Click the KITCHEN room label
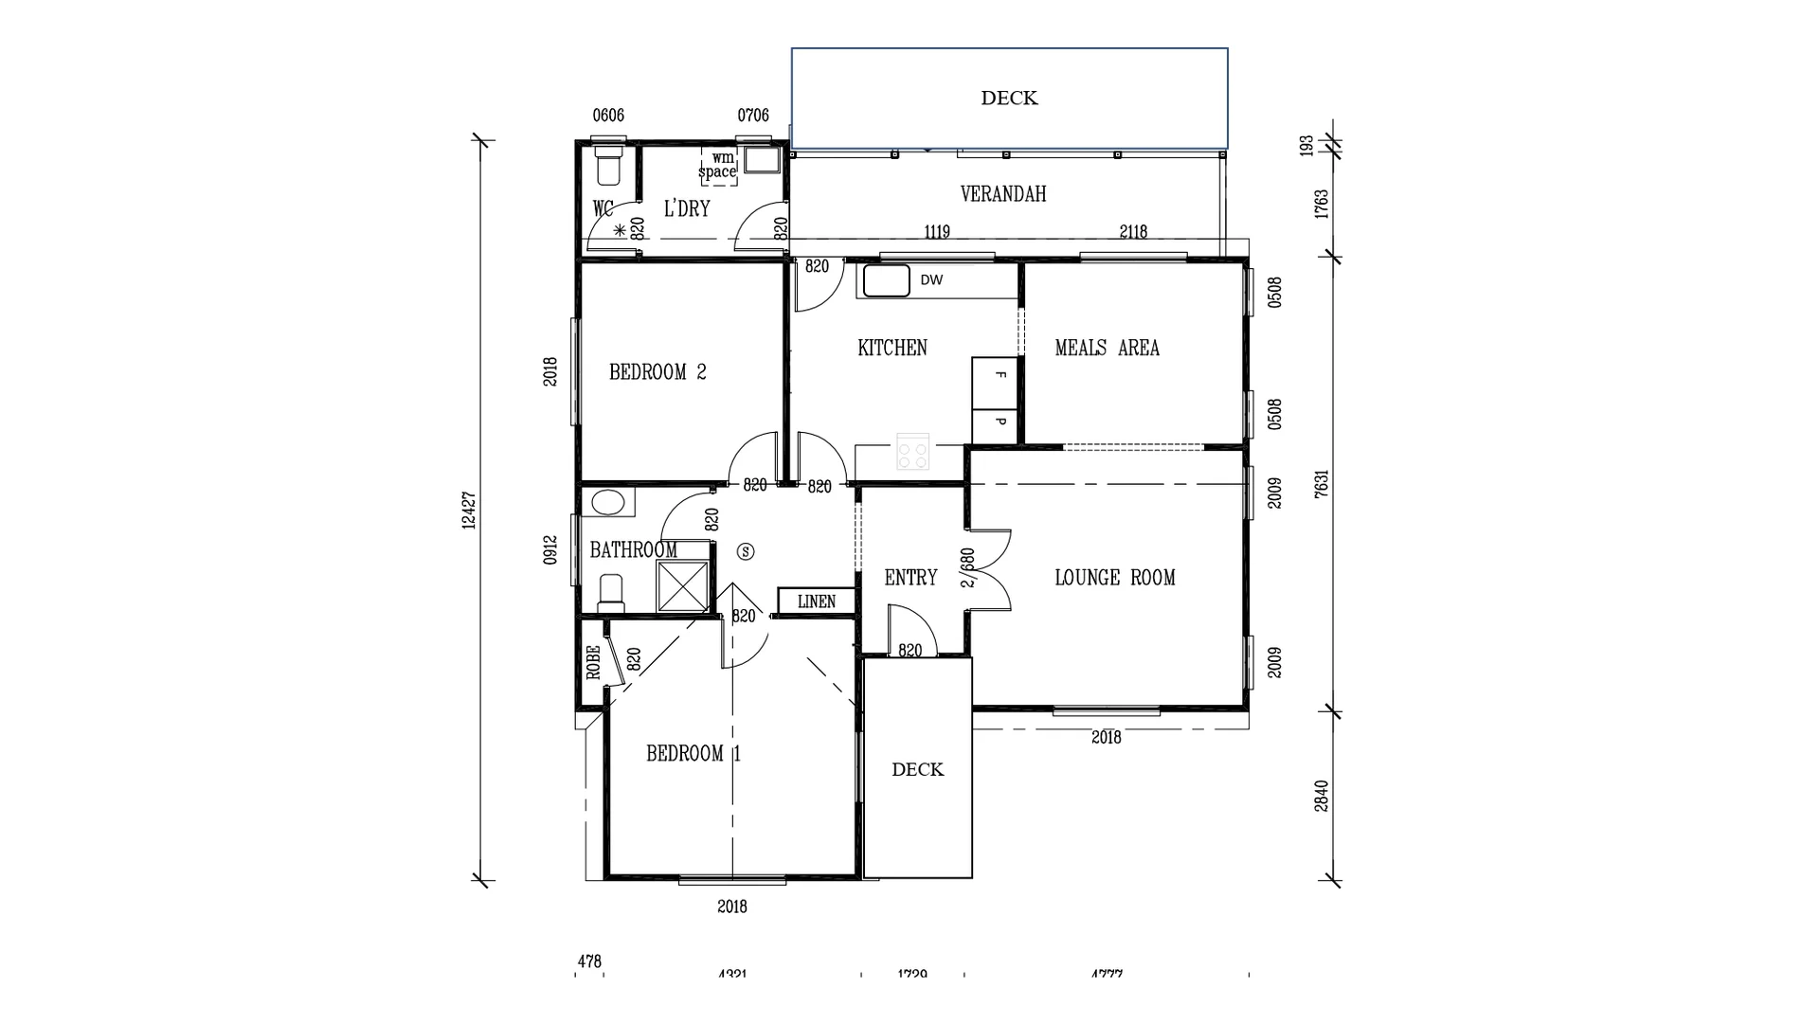tap(891, 349)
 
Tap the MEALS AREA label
tap(1107, 349)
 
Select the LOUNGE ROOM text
tap(1114, 578)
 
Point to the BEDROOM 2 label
tap(657, 372)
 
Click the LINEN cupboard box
tap(816, 601)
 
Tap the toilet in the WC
tap(607, 166)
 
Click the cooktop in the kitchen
tap(913, 451)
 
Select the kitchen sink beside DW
tap(886, 280)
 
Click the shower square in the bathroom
tap(682, 586)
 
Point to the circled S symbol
tap(746, 550)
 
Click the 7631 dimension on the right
tap(1322, 483)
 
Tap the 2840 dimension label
tap(1322, 796)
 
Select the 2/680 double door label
tap(967, 568)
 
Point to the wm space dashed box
tap(718, 166)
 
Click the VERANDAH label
tap(1003, 194)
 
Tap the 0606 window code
tap(608, 116)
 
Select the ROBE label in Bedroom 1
tap(593, 662)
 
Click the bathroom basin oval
tap(607, 502)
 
